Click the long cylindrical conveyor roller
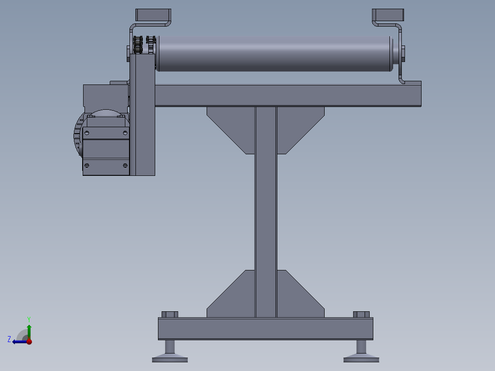pyautogui.click(x=273, y=54)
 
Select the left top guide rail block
pyautogui.click(x=153, y=15)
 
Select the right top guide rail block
pyautogui.click(x=388, y=15)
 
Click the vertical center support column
pyautogui.click(x=266, y=211)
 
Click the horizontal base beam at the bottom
pyautogui.click(x=265, y=328)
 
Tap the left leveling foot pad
pyautogui.click(x=170, y=357)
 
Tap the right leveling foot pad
pyautogui.click(x=361, y=357)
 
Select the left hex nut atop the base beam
pyautogui.click(x=170, y=315)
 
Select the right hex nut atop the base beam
pyautogui.click(x=361, y=315)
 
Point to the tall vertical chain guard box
pyautogui.click(x=142, y=115)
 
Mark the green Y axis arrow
pyautogui.click(x=29, y=329)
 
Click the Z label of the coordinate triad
pyautogui.click(x=9, y=339)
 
